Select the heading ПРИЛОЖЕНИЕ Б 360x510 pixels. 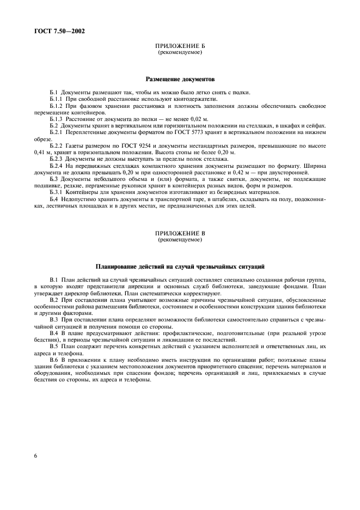(x=180, y=48)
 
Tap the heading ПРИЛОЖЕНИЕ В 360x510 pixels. (x=180, y=234)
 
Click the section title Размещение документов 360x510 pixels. (x=180, y=79)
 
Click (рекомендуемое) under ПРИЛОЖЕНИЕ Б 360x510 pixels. (x=180, y=54)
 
